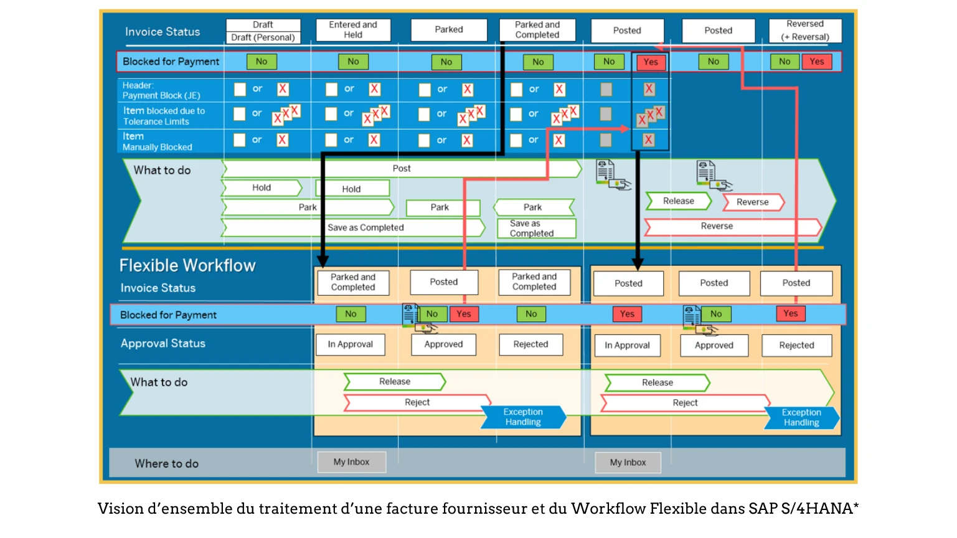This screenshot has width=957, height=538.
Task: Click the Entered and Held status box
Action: tap(353, 30)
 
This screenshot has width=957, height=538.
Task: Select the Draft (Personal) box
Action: tap(263, 37)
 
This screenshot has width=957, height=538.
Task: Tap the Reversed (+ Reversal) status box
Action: tap(805, 31)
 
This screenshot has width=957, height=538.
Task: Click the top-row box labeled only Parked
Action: tap(448, 30)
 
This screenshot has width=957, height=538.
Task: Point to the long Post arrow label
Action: tap(402, 169)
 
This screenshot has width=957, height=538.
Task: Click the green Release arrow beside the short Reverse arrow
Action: tap(678, 201)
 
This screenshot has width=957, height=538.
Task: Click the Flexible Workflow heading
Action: tap(187, 266)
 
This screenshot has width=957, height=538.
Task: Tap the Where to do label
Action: tap(167, 464)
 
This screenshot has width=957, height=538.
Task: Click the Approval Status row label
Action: tap(163, 344)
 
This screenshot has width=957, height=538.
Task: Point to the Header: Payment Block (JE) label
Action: tap(161, 91)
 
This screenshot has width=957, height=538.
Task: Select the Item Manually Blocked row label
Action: tap(157, 142)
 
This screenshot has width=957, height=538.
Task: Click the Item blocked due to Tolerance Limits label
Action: tap(163, 116)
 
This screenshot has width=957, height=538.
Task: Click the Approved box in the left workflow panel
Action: tap(443, 344)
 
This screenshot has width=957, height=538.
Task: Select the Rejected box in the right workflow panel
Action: tap(796, 346)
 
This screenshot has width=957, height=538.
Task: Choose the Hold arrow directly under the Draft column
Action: tap(262, 188)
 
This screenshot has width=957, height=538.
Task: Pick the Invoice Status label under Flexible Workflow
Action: tap(158, 288)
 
